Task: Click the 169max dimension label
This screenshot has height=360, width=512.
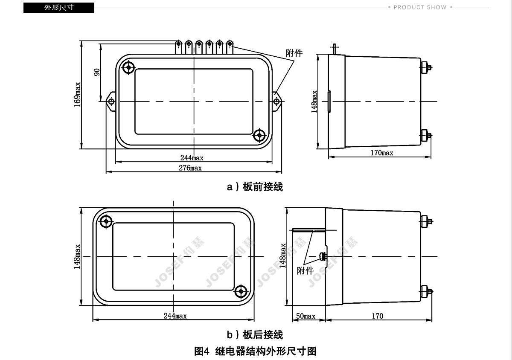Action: (77, 95)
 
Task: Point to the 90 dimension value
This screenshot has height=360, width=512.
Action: (97, 72)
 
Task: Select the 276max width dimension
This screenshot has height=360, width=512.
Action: (190, 168)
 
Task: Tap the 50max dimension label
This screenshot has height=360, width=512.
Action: (305, 316)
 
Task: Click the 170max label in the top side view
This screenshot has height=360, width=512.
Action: (382, 153)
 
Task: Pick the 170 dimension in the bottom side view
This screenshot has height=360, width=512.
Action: (377, 316)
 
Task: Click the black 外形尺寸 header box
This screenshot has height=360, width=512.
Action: (59, 8)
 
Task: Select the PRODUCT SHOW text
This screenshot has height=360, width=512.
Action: (420, 7)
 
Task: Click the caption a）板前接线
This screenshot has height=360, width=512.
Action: (255, 187)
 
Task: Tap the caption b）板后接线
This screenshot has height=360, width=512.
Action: (255, 335)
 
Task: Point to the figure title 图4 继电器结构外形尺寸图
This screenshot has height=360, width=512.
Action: (255, 351)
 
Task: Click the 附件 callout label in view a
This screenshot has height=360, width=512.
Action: (294, 53)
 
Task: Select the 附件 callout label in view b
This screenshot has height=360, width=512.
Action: (305, 271)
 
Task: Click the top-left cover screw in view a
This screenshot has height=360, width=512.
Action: (128, 67)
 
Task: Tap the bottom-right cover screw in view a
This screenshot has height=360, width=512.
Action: (259, 135)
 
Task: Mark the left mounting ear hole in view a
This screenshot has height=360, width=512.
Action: (111, 101)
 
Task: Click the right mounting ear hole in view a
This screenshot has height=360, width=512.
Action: (276, 101)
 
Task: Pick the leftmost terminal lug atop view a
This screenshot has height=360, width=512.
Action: (178, 47)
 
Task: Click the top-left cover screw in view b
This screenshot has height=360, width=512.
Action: (106, 221)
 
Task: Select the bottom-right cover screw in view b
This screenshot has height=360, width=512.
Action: (241, 291)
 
